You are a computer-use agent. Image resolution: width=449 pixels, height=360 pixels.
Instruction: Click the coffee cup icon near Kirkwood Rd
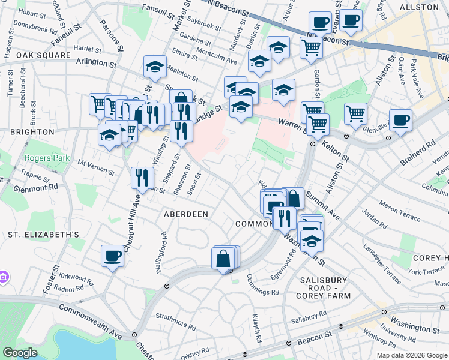pos(112,257)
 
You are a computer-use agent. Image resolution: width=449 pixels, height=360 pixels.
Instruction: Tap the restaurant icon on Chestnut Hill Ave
pos(140,178)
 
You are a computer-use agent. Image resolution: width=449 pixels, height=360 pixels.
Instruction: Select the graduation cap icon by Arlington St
pos(155,67)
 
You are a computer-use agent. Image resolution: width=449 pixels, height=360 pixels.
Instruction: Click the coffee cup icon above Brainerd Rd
pos(400,120)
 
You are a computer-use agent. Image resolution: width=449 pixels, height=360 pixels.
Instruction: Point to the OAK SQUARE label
pos(27,55)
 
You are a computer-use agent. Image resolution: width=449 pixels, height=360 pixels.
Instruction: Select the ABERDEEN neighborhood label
pos(187,214)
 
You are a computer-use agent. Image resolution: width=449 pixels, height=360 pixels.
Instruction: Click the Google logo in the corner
pos(20,353)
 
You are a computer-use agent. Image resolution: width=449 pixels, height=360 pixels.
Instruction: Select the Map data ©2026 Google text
pos(411,355)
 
